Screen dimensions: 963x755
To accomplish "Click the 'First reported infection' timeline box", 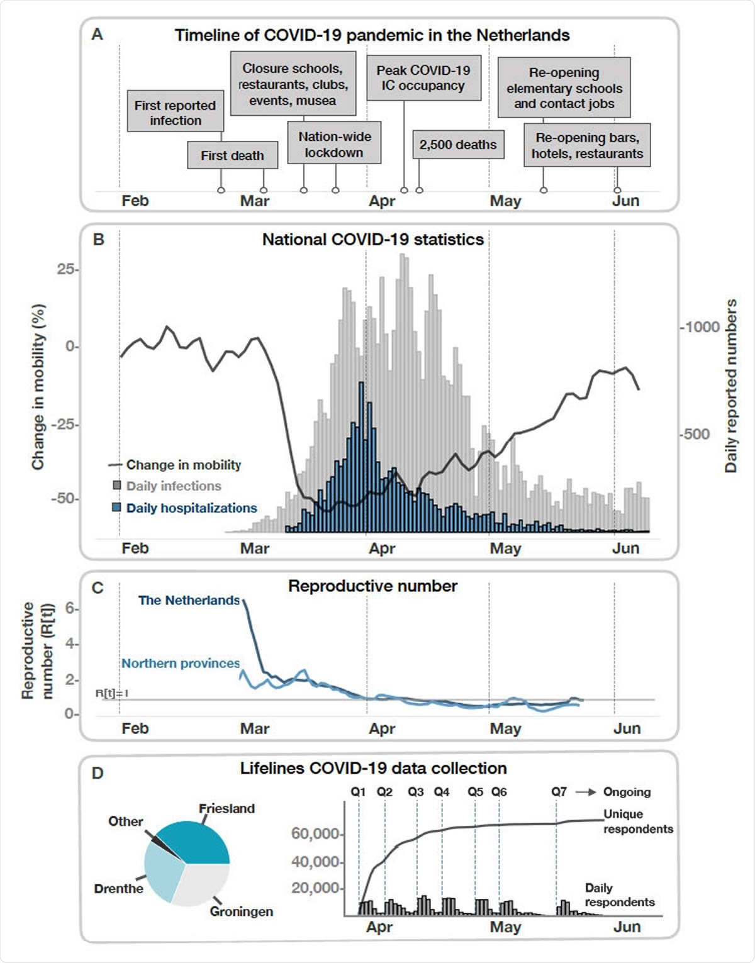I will pos(175,111).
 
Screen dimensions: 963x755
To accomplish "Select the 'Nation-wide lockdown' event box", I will pos(334,143).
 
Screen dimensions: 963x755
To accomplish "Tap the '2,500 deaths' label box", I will pos(458,145).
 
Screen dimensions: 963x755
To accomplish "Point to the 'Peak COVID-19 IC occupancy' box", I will pos(423,78).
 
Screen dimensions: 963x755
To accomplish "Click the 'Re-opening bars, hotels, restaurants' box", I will pos(586,145).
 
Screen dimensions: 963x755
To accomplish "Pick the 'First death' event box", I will pos(232,155).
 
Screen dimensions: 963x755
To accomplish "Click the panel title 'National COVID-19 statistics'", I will pos(373,240).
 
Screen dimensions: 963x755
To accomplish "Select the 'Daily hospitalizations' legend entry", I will pos(191,508).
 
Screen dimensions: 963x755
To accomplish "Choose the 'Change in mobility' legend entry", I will pos(183,465).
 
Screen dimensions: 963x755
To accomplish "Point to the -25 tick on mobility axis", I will pos(64,425).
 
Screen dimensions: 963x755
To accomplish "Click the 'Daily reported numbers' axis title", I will pos(730,386).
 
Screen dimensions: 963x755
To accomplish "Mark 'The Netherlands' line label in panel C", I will pos(189,600).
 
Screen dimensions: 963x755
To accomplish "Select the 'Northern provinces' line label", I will pos(181,664).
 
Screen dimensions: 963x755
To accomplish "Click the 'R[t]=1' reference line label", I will pos(112,693).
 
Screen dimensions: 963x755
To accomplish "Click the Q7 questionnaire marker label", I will pos(559,792).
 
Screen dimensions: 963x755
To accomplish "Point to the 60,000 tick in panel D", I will pos(315,834).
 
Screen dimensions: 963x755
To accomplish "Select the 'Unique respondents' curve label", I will pos(637,821).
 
